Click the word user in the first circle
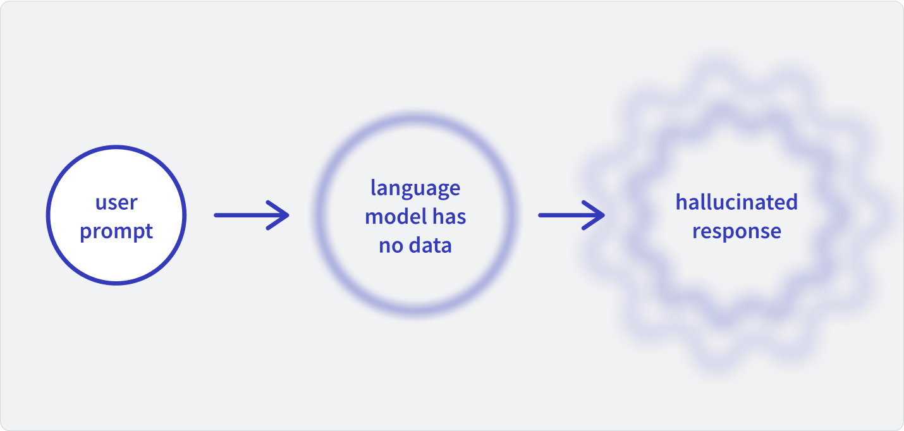click(116, 203)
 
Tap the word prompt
click(116, 232)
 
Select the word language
click(415, 189)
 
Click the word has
click(449, 216)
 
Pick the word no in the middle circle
click(391, 246)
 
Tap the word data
click(431, 245)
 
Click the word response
click(736, 232)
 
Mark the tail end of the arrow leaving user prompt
click(216, 215)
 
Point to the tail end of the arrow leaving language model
click(540, 215)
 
